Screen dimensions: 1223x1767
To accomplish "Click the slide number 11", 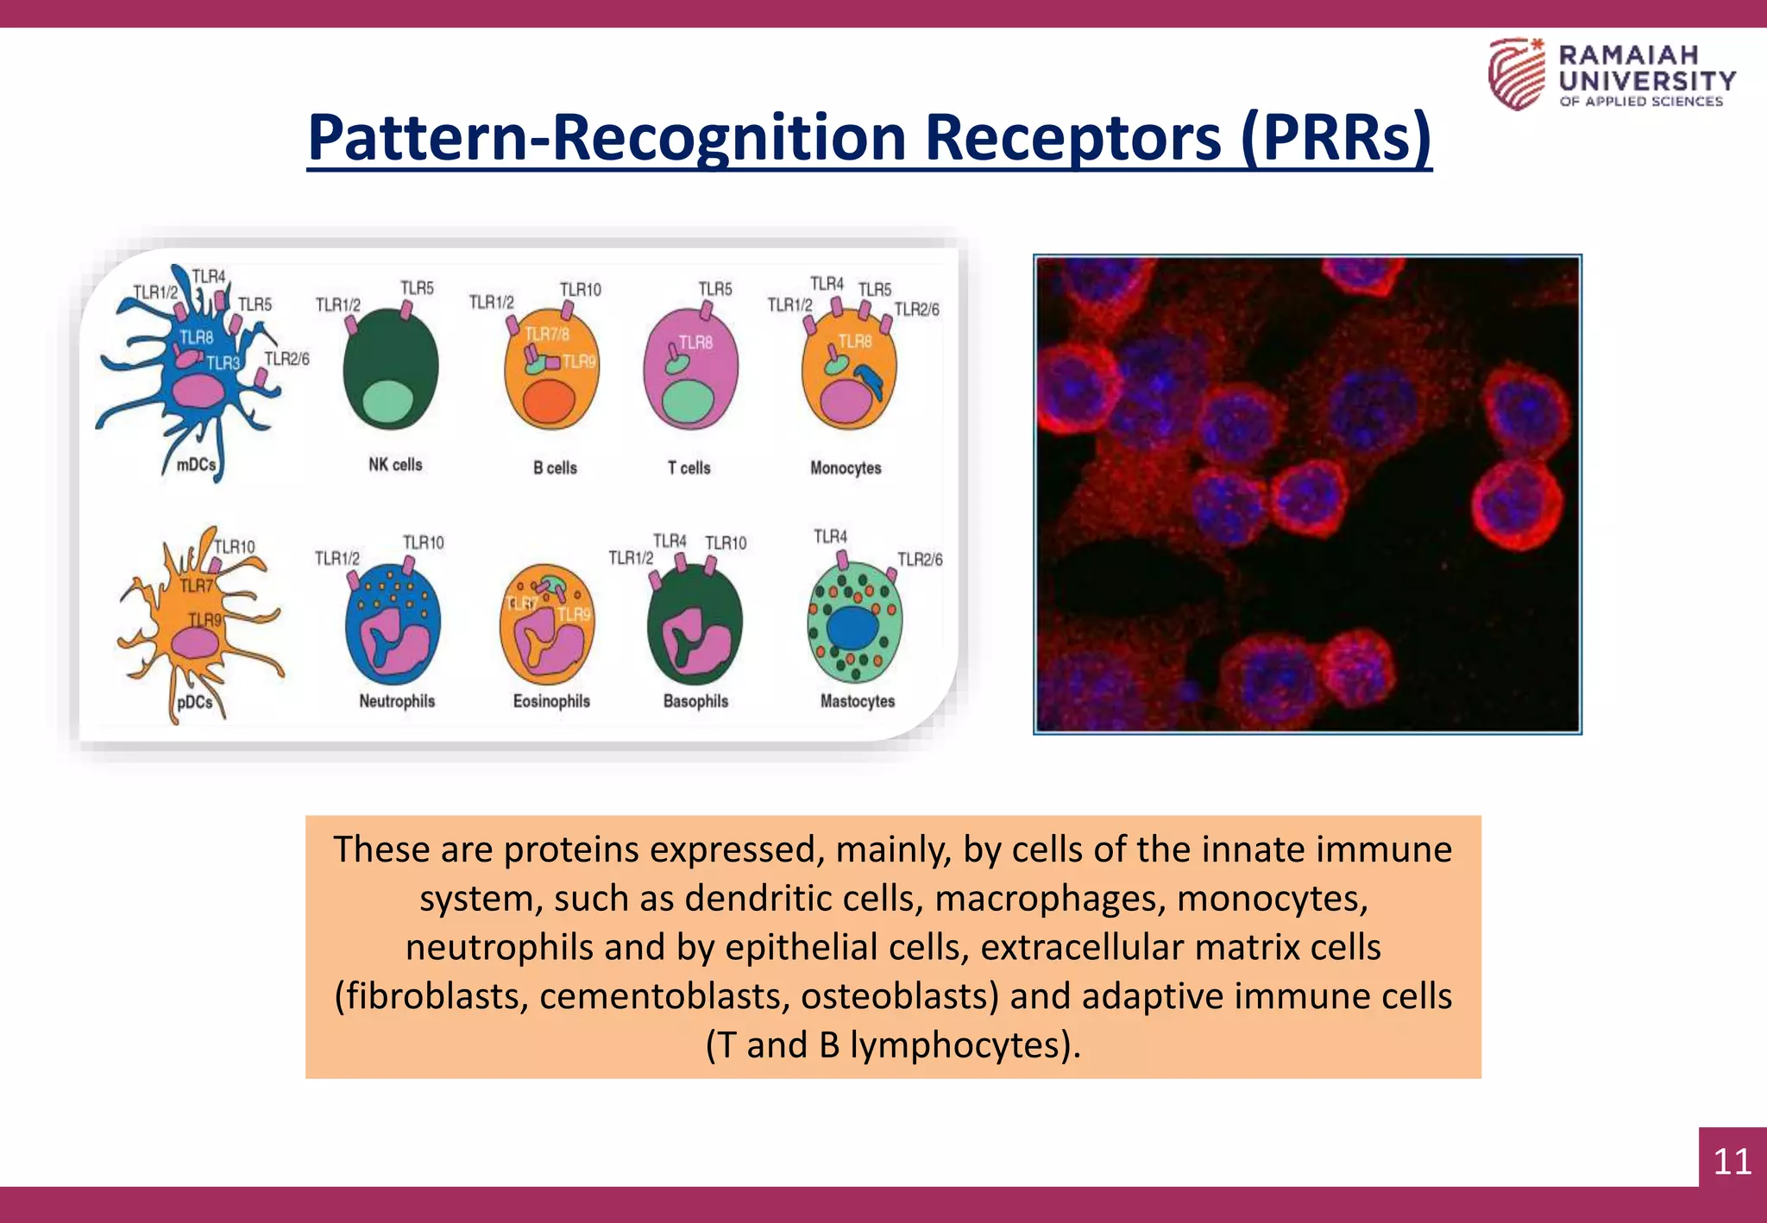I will tap(1732, 1161).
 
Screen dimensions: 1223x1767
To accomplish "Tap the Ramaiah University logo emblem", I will tap(1516, 73).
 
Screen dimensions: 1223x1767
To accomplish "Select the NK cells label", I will tap(395, 465).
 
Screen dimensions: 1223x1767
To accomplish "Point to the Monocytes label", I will tap(846, 468).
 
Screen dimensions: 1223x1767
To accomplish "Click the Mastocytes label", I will tap(857, 701).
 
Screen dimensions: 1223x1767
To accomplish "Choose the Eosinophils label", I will tap(551, 701).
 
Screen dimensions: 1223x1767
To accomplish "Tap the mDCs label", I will tap(196, 465).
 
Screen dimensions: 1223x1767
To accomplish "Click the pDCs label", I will tap(194, 702).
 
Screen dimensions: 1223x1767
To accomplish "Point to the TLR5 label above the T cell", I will tap(714, 289).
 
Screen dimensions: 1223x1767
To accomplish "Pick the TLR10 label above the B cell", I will tap(580, 290).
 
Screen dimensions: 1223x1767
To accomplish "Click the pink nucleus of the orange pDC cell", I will tap(197, 643).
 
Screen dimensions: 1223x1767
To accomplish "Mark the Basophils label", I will tap(695, 701).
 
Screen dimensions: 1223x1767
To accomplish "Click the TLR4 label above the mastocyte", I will tap(830, 536).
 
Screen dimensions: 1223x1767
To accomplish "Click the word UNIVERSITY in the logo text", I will tap(1647, 81).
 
